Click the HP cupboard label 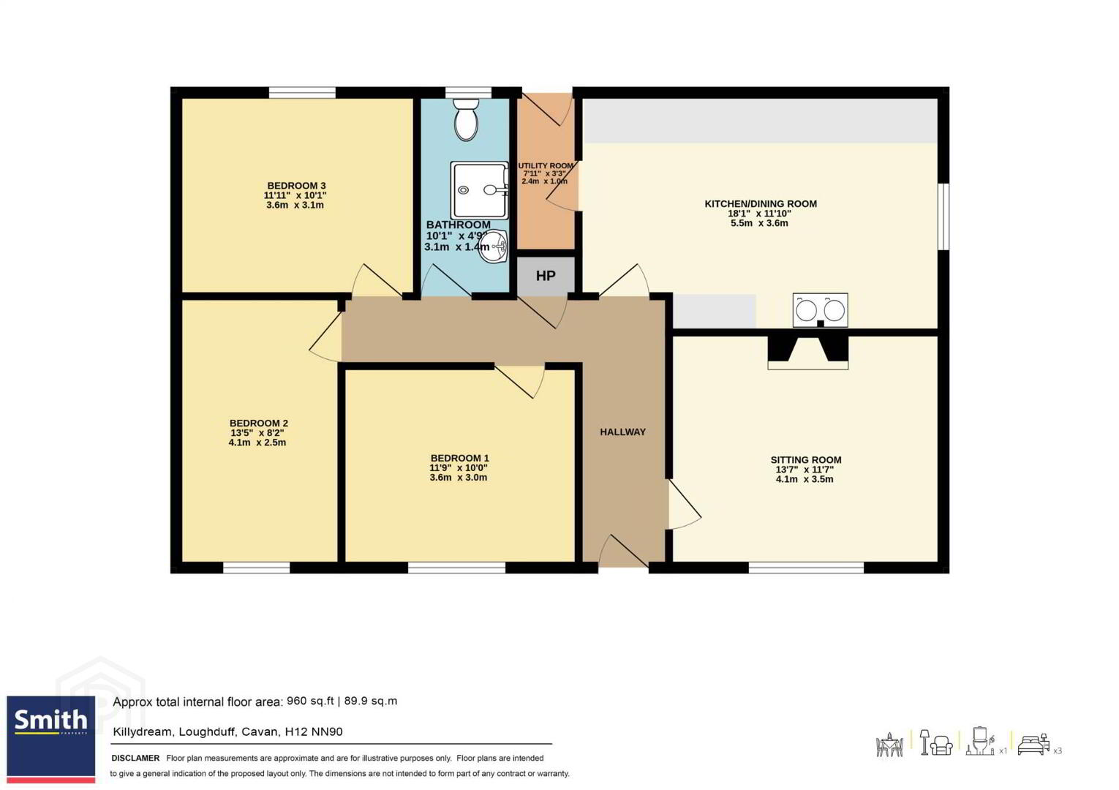546,276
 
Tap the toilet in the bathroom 466,119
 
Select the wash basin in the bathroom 493,246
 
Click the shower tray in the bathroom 480,190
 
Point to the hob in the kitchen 821,310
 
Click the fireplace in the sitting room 807,353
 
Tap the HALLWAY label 623,432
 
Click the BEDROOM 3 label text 296,186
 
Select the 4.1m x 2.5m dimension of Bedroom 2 257,443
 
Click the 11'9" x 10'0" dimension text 459,468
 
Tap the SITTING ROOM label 806,460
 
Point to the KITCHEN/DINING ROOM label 761,204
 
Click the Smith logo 51,739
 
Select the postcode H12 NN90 314,732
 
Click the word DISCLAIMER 135,758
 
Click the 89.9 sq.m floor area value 371,701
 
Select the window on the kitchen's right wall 943,216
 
